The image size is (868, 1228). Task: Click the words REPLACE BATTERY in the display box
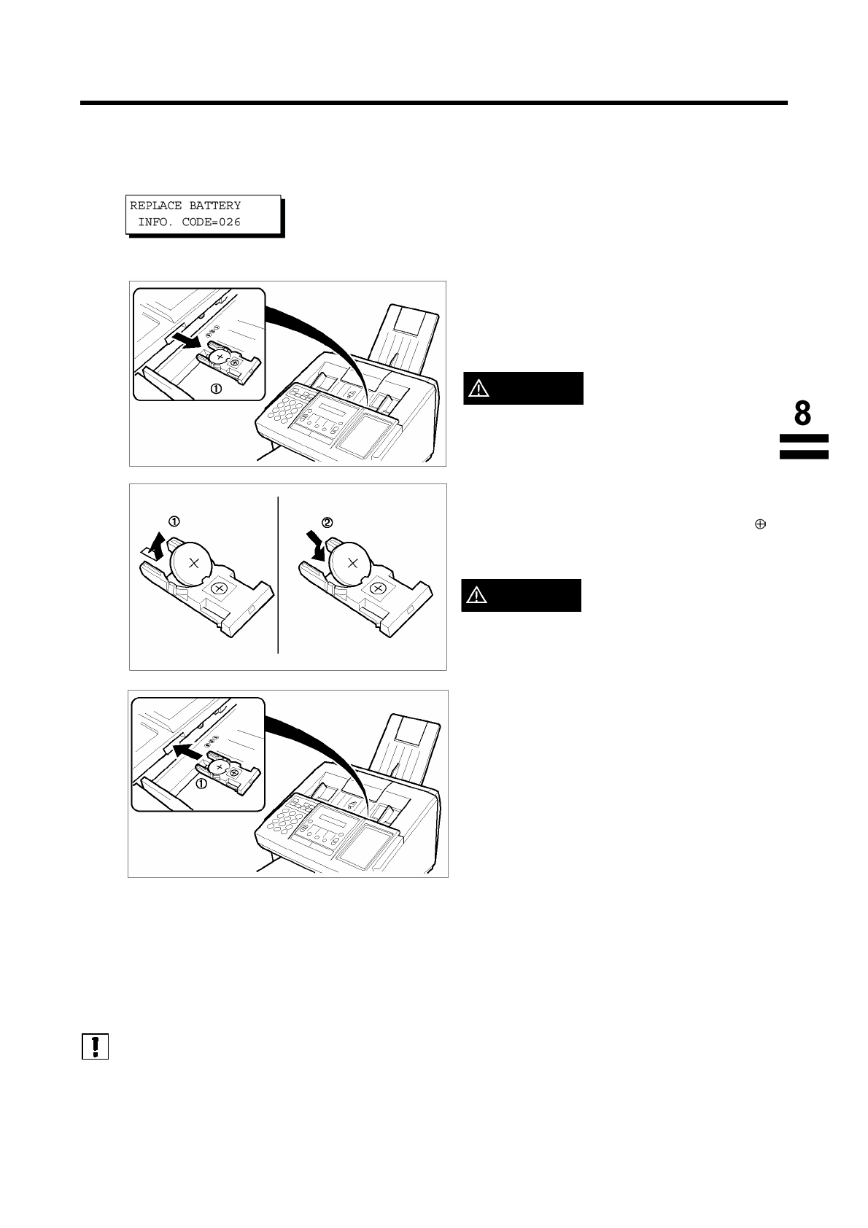pos(185,206)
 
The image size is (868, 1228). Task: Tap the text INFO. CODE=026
pos(189,222)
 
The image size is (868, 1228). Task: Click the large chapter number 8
pos(802,413)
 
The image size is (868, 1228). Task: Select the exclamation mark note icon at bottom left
pos(95,1046)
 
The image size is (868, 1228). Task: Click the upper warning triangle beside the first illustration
pos(480,389)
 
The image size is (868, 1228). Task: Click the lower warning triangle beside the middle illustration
pos(478,596)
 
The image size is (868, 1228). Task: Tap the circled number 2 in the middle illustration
pos(328,522)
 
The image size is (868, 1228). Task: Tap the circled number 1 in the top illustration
pos(216,389)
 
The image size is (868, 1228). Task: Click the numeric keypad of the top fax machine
pos(278,411)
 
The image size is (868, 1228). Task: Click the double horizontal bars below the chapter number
pos(804,446)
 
